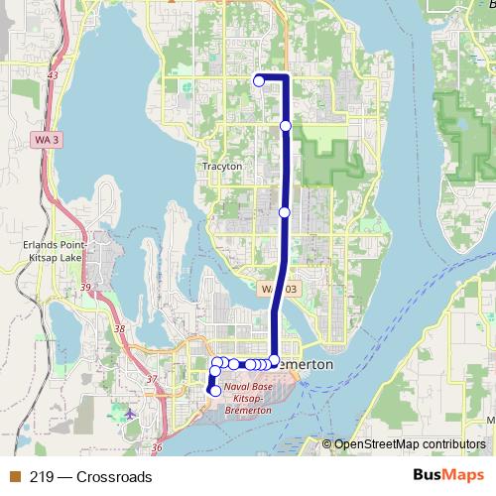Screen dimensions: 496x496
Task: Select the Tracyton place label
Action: [221, 167]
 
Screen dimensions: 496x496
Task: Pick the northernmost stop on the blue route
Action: [259, 81]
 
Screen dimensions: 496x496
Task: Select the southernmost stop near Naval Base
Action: [215, 391]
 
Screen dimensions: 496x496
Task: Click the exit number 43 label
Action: [52, 75]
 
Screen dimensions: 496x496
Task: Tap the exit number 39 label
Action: [85, 288]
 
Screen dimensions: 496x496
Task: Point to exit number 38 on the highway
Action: [120, 328]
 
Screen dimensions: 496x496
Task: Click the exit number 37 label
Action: [151, 380]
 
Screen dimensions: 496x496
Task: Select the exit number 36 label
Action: [157, 447]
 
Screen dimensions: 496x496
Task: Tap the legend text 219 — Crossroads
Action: [91, 477]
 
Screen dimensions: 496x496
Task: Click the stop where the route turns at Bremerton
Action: [275, 360]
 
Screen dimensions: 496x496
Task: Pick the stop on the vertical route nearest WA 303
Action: [285, 212]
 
